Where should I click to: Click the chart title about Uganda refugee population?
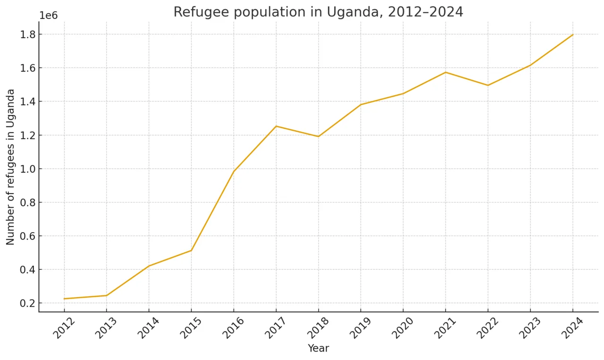point(318,12)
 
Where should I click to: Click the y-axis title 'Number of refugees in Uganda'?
point(10,167)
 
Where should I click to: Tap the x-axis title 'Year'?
point(318,349)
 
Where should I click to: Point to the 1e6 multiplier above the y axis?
point(48,15)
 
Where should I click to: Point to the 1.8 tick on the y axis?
point(27,34)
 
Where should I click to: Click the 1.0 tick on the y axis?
point(27,169)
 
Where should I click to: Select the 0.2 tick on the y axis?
point(27,303)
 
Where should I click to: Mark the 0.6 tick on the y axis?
point(27,236)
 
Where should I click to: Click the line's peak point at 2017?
point(276,126)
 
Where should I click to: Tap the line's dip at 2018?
point(319,136)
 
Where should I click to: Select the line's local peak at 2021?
point(445,72)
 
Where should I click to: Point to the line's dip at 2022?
point(488,85)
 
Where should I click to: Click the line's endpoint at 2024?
point(573,34)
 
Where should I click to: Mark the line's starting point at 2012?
point(64,299)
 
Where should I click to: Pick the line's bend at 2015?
point(191,251)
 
